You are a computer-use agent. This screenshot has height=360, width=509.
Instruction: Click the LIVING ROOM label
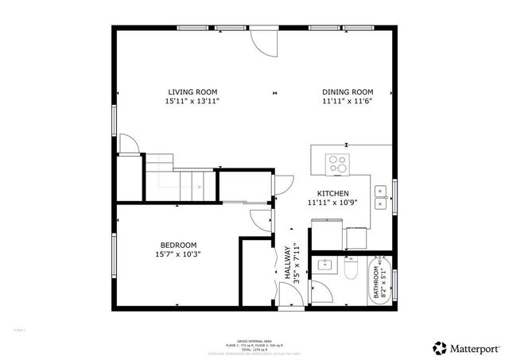[x=192, y=91]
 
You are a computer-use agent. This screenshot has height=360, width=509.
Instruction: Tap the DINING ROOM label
[x=348, y=91]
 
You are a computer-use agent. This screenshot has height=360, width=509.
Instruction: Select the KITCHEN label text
[x=333, y=192]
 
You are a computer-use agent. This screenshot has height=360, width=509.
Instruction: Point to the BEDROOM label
[x=178, y=245]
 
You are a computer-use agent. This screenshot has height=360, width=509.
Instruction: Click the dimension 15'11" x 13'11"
[x=192, y=102]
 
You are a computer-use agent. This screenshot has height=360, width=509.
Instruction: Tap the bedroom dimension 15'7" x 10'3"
[x=178, y=255]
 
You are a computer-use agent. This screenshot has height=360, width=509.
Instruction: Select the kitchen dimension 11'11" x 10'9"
[x=333, y=203]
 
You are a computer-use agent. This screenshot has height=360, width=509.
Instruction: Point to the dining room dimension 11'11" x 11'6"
[x=348, y=102]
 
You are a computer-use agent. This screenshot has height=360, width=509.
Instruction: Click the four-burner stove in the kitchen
[x=338, y=164]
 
